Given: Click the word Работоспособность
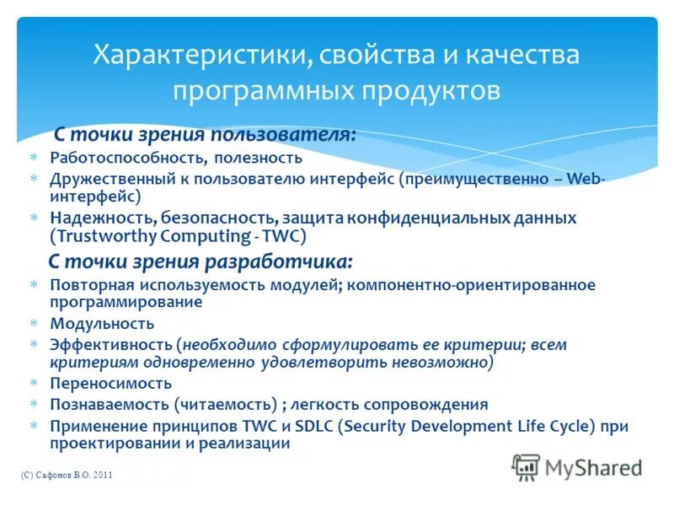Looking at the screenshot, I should click(127, 157).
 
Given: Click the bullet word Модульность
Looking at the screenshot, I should click(102, 323).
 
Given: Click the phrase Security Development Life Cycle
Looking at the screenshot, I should click(465, 426).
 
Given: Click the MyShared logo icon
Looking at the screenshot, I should click(525, 467).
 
